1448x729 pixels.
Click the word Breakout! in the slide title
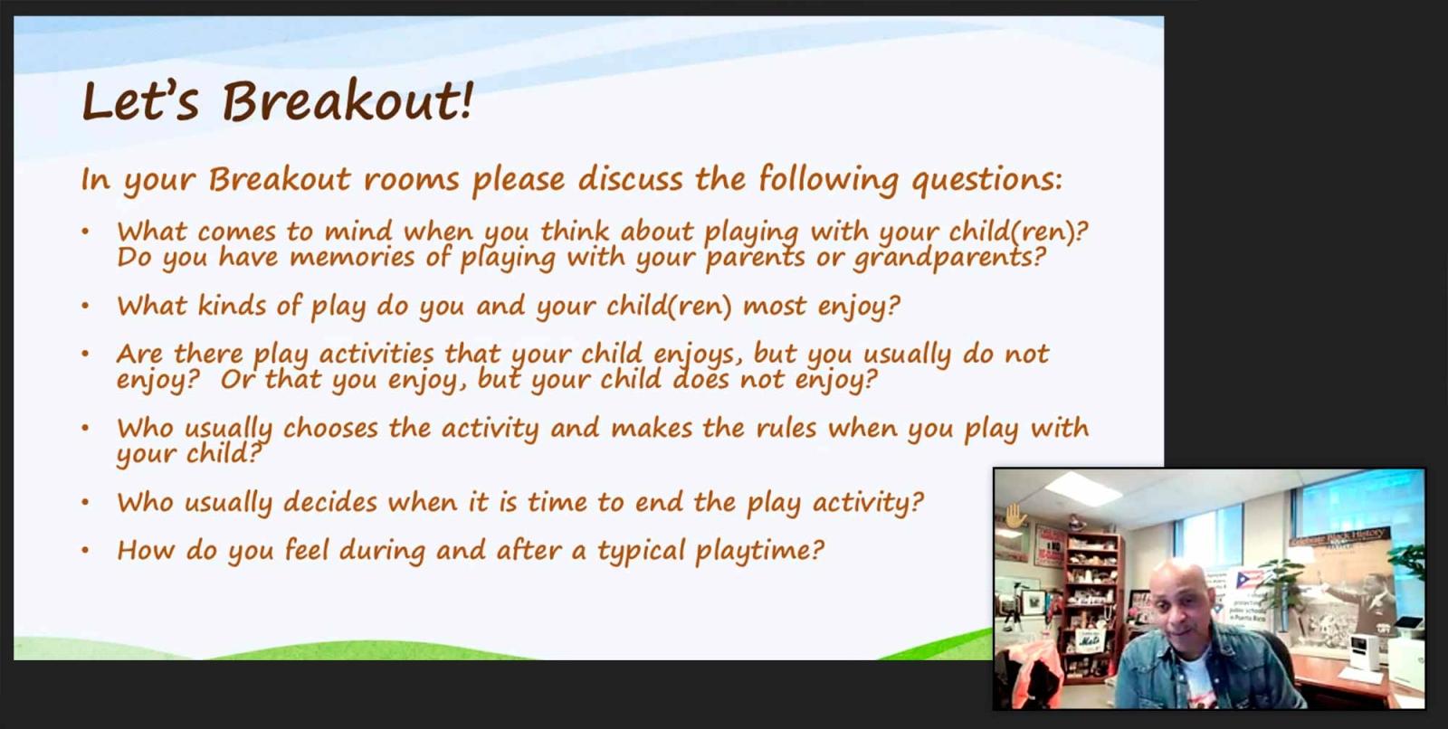348,101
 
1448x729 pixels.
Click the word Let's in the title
140,100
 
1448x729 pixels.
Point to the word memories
352,257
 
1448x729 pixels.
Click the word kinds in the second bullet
232,305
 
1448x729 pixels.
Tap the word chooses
330,428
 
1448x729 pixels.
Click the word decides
329,502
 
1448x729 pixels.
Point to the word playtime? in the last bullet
759,552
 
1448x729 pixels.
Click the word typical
641,552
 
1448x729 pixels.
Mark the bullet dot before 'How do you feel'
85,551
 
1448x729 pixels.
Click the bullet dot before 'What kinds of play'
85,306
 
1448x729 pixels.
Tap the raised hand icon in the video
1015,516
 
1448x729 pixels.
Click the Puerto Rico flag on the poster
1249,579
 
